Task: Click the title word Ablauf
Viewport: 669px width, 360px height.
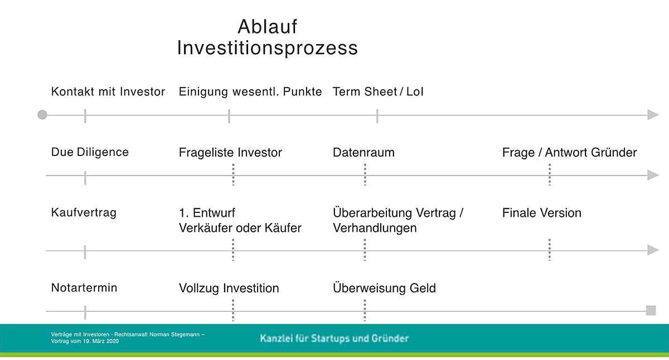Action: tap(268, 26)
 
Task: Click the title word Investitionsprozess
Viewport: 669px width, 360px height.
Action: tap(268, 48)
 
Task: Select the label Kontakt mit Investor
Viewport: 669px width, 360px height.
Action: tap(108, 92)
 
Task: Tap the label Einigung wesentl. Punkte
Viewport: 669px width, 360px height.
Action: tap(250, 92)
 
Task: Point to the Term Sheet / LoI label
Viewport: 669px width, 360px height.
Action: tap(378, 92)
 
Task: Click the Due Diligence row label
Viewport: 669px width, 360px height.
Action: tap(90, 152)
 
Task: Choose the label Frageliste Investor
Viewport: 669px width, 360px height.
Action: tap(230, 153)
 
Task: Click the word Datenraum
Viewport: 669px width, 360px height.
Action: tap(363, 153)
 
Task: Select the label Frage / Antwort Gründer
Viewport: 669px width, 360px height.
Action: tap(569, 153)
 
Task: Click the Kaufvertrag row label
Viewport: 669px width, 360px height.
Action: tap(84, 213)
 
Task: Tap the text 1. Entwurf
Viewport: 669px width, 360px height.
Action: tap(207, 213)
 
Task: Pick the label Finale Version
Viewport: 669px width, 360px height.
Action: tap(541, 213)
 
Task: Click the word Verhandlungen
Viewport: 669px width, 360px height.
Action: tap(375, 228)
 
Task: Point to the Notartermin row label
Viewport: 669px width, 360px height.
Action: tap(84, 288)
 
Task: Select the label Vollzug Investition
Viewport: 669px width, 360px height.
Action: tap(229, 289)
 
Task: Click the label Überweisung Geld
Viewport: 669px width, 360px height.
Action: tap(384, 289)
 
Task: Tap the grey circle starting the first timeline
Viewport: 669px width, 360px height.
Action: tap(42, 115)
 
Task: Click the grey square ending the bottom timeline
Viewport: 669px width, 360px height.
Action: tap(651, 310)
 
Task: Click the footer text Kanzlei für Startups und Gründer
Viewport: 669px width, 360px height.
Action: tap(334, 338)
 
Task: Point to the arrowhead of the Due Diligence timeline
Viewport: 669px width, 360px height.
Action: tap(653, 176)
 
